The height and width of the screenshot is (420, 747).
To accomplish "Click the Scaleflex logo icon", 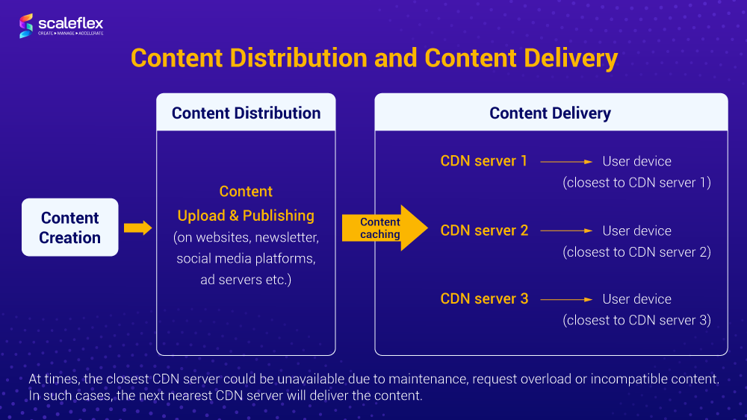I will coord(26,25).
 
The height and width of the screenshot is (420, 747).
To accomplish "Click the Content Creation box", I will coord(70,228).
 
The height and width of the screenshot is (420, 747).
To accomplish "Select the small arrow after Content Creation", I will coord(137,228).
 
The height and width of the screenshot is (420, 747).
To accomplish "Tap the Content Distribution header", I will coord(246,113).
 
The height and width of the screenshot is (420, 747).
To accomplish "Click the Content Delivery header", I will coord(551,113).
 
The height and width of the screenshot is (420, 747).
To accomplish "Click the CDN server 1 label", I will coord(484,161).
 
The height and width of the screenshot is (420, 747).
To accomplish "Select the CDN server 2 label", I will coord(484,231).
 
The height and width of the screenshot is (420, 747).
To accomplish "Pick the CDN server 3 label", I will coord(484,299).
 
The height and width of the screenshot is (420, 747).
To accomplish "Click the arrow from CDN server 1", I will coord(566,161).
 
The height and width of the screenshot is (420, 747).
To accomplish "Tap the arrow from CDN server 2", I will coord(566,231).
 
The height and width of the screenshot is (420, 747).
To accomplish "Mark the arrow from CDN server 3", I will coord(566,299).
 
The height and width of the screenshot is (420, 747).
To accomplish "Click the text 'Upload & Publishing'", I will coord(246,216).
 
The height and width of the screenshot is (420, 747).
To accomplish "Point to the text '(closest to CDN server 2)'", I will coord(636,252).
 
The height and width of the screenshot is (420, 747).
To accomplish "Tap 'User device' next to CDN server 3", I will coord(636,299).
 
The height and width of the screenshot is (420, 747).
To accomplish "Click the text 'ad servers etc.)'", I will coord(246,280).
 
